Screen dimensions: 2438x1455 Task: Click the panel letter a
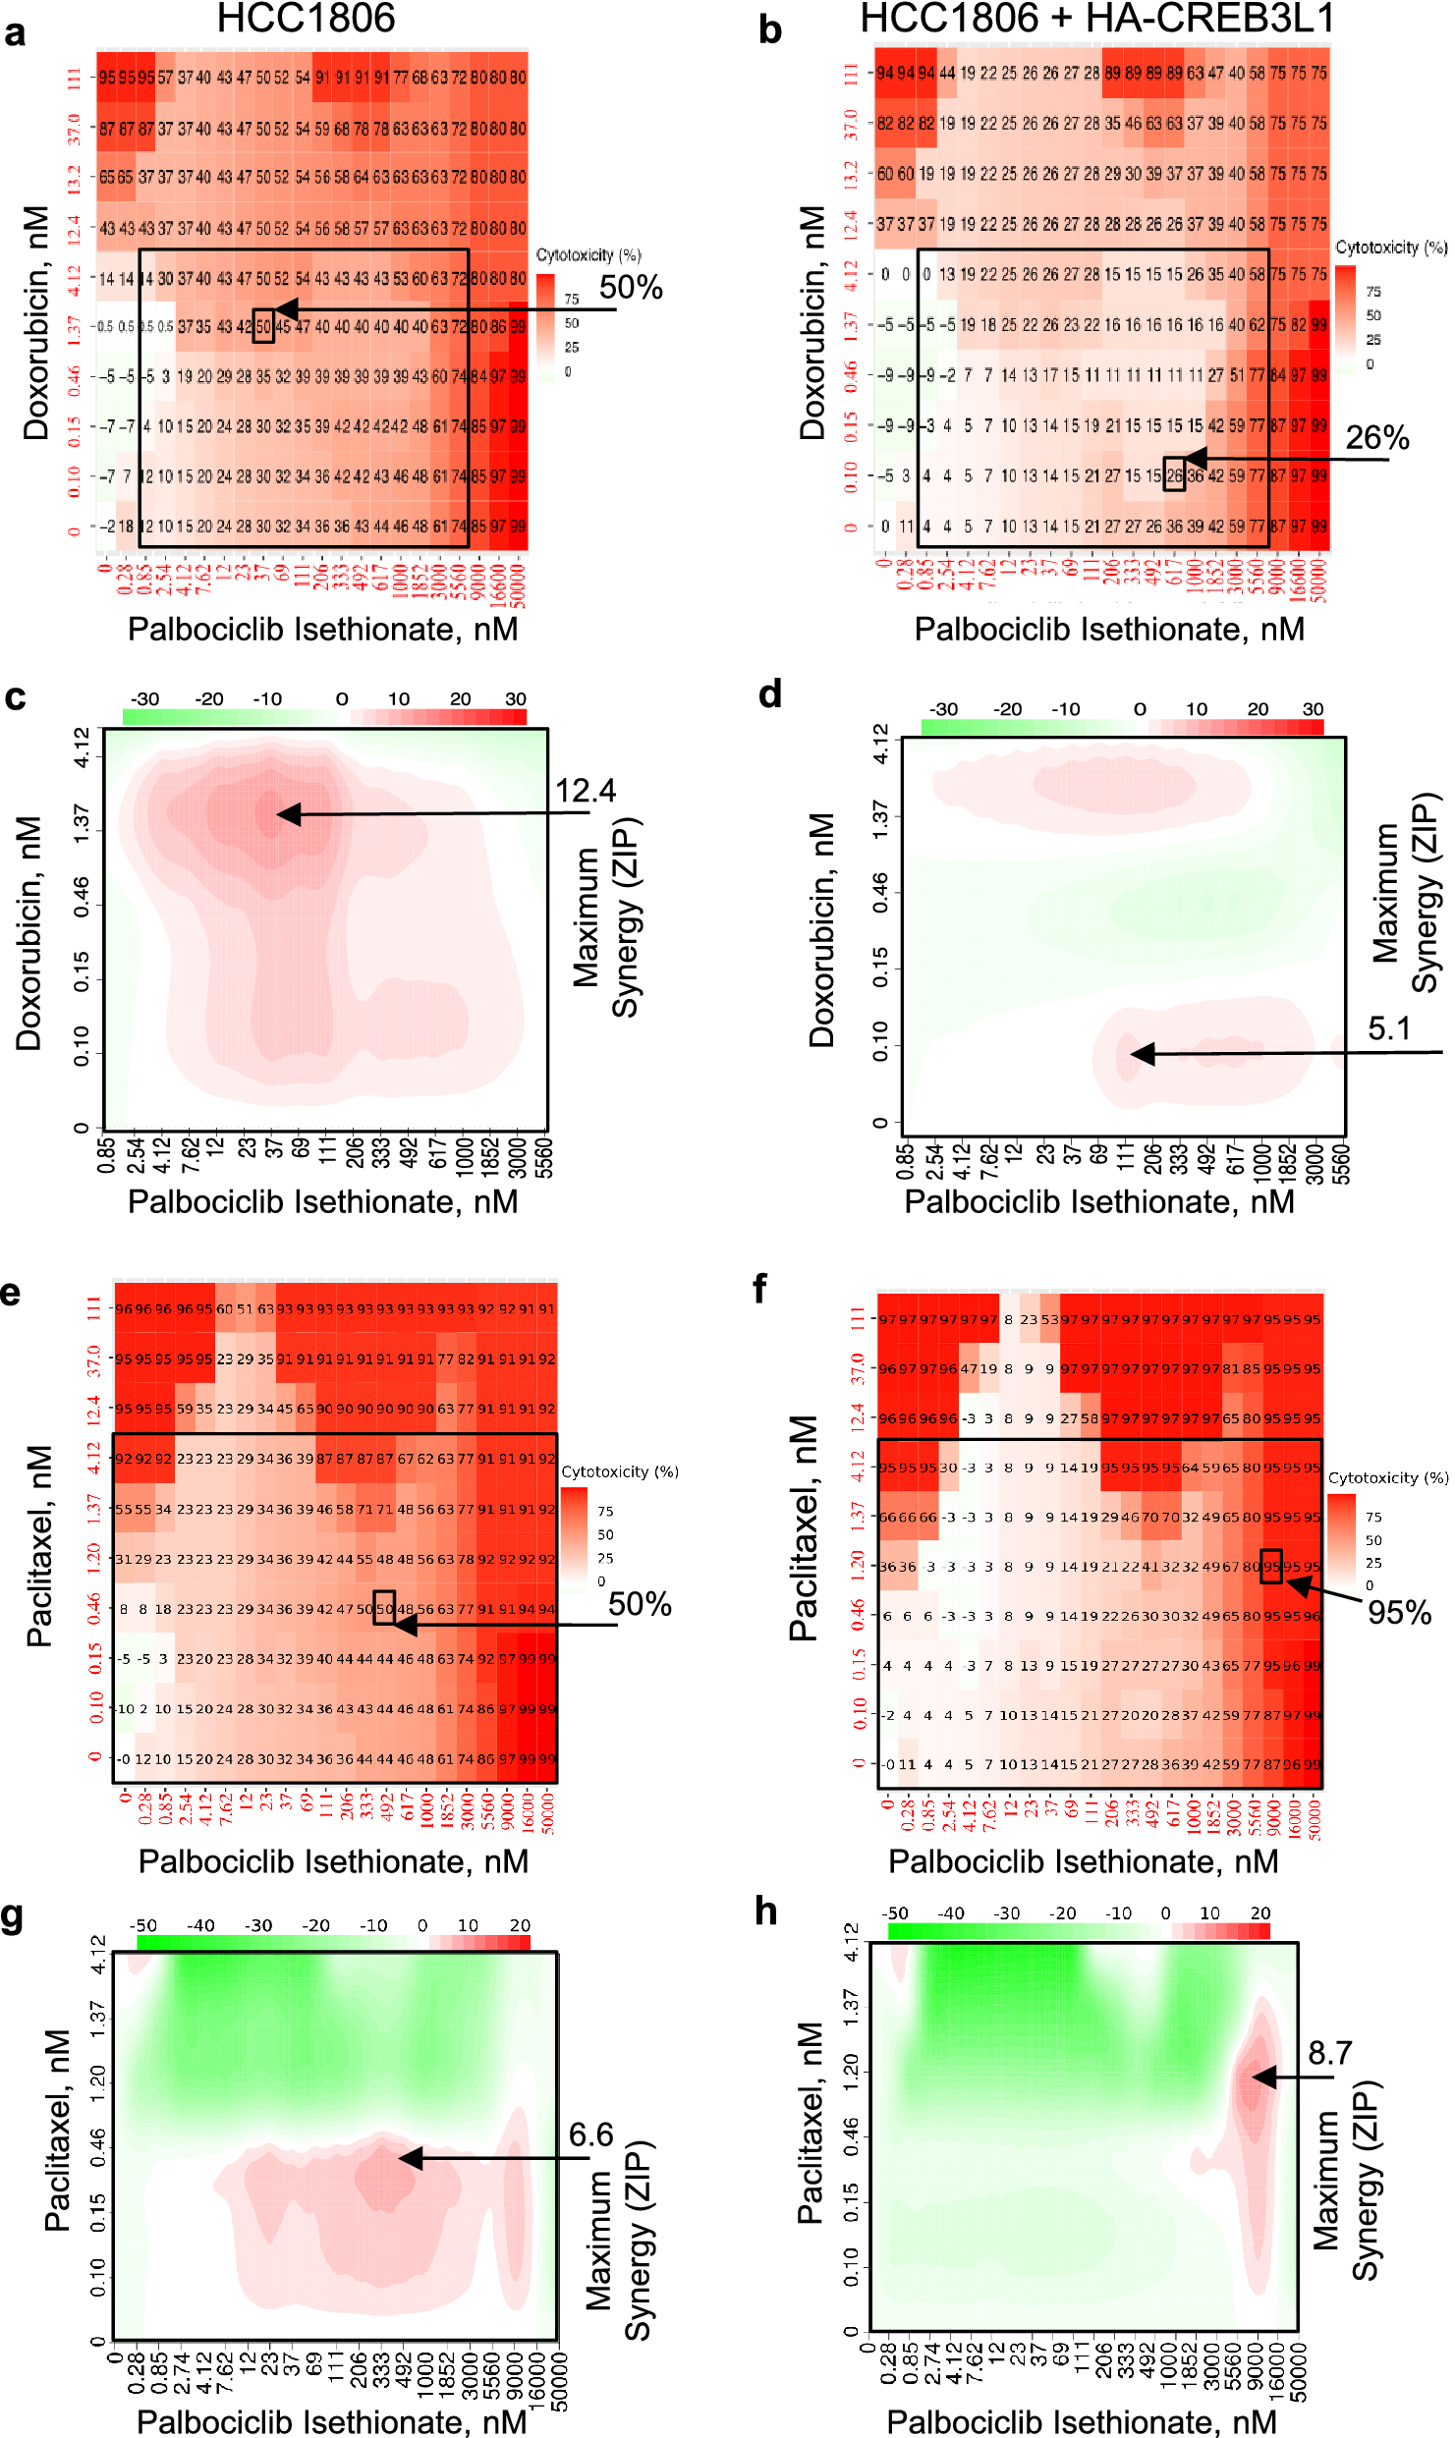coord(15,32)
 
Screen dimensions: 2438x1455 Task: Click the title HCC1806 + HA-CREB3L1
coord(1096,19)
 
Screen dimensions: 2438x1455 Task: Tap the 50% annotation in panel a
coord(631,288)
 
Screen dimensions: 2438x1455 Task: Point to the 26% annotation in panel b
coord(1376,438)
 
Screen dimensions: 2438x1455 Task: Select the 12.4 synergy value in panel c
coord(586,791)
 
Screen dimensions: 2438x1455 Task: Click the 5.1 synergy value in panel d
coord(1388,1028)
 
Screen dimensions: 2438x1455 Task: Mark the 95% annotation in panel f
coord(1399,1612)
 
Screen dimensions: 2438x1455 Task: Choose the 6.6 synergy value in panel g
coord(590,2134)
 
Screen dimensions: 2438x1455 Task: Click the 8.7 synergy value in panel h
coord(1329,2053)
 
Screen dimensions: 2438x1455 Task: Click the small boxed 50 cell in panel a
coord(263,326)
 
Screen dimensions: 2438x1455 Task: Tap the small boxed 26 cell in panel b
coord(1174,474)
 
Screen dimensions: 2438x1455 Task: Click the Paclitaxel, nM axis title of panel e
coord(39,1545)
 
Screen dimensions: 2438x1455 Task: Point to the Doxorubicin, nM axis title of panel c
coord(29,933)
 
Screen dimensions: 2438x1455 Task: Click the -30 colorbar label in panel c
coord(145,699)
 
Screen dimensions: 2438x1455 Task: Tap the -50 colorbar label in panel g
coord(143,1925)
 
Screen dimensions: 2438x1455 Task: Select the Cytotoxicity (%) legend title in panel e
coord(619,1471)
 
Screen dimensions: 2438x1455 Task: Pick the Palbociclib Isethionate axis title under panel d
coord(1098,1202)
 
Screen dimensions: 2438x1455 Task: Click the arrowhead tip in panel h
coord(1254,2077)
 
